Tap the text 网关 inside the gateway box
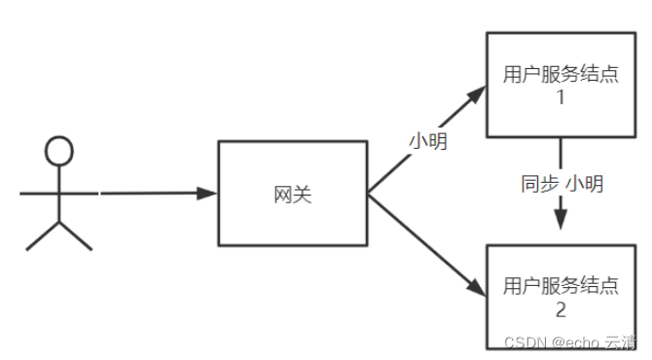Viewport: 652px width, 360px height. [x=293, y=194]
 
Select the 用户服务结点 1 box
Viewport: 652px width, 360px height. [x=561, y=85]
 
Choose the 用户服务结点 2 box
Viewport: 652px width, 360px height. [x=561, y=297]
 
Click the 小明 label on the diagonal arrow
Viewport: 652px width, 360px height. [x=428, y=141]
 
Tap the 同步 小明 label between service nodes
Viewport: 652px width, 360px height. [x=561, y=183]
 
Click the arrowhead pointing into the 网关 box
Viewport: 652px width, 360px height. [x=206, y=193]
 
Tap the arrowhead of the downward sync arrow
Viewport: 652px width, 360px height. [x=561, y=220]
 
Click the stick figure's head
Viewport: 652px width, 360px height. [x=59, y=151]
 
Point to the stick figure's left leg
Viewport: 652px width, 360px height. [x=43, y=235]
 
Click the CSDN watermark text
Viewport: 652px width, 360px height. [x=568, y=342]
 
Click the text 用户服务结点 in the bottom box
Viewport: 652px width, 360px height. [x=561, y=286]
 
